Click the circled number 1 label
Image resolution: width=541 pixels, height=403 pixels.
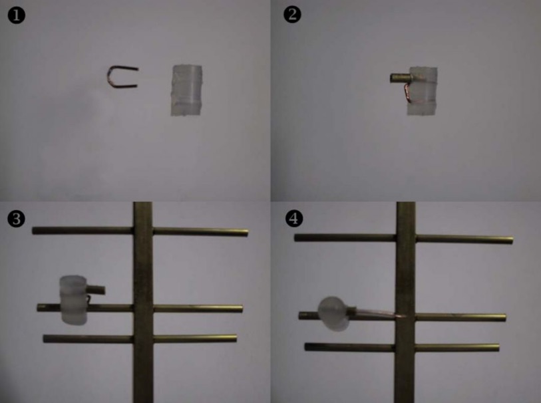point(16,15)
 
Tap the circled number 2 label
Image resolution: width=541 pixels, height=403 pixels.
point(292,15)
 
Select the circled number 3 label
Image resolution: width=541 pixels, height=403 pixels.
point(16,219)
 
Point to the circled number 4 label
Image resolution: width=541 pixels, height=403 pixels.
point(294,218)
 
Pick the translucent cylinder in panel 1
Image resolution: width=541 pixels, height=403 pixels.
point(186,90)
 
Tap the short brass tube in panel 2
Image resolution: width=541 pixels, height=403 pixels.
point(400,78)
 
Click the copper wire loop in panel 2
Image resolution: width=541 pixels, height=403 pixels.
point(406,93)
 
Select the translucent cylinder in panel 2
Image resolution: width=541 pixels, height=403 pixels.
point(422,91)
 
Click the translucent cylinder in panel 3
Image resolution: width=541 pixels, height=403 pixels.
point(73,300)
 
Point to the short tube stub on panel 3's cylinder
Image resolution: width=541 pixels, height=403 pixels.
point(96,290)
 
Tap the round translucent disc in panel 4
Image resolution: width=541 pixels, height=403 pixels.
point(333,314)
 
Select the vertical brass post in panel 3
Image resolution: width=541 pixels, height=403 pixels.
point(143,303)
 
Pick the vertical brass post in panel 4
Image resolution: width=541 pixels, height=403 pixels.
point(406,303)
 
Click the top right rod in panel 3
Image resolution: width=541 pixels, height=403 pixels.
point(200,232)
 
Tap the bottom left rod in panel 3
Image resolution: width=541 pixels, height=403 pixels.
point(88,338)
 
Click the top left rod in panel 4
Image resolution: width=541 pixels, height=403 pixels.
point(345,237)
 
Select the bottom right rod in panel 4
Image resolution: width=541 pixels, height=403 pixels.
point(458,348)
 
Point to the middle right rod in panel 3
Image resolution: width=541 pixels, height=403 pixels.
point(198,309)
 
